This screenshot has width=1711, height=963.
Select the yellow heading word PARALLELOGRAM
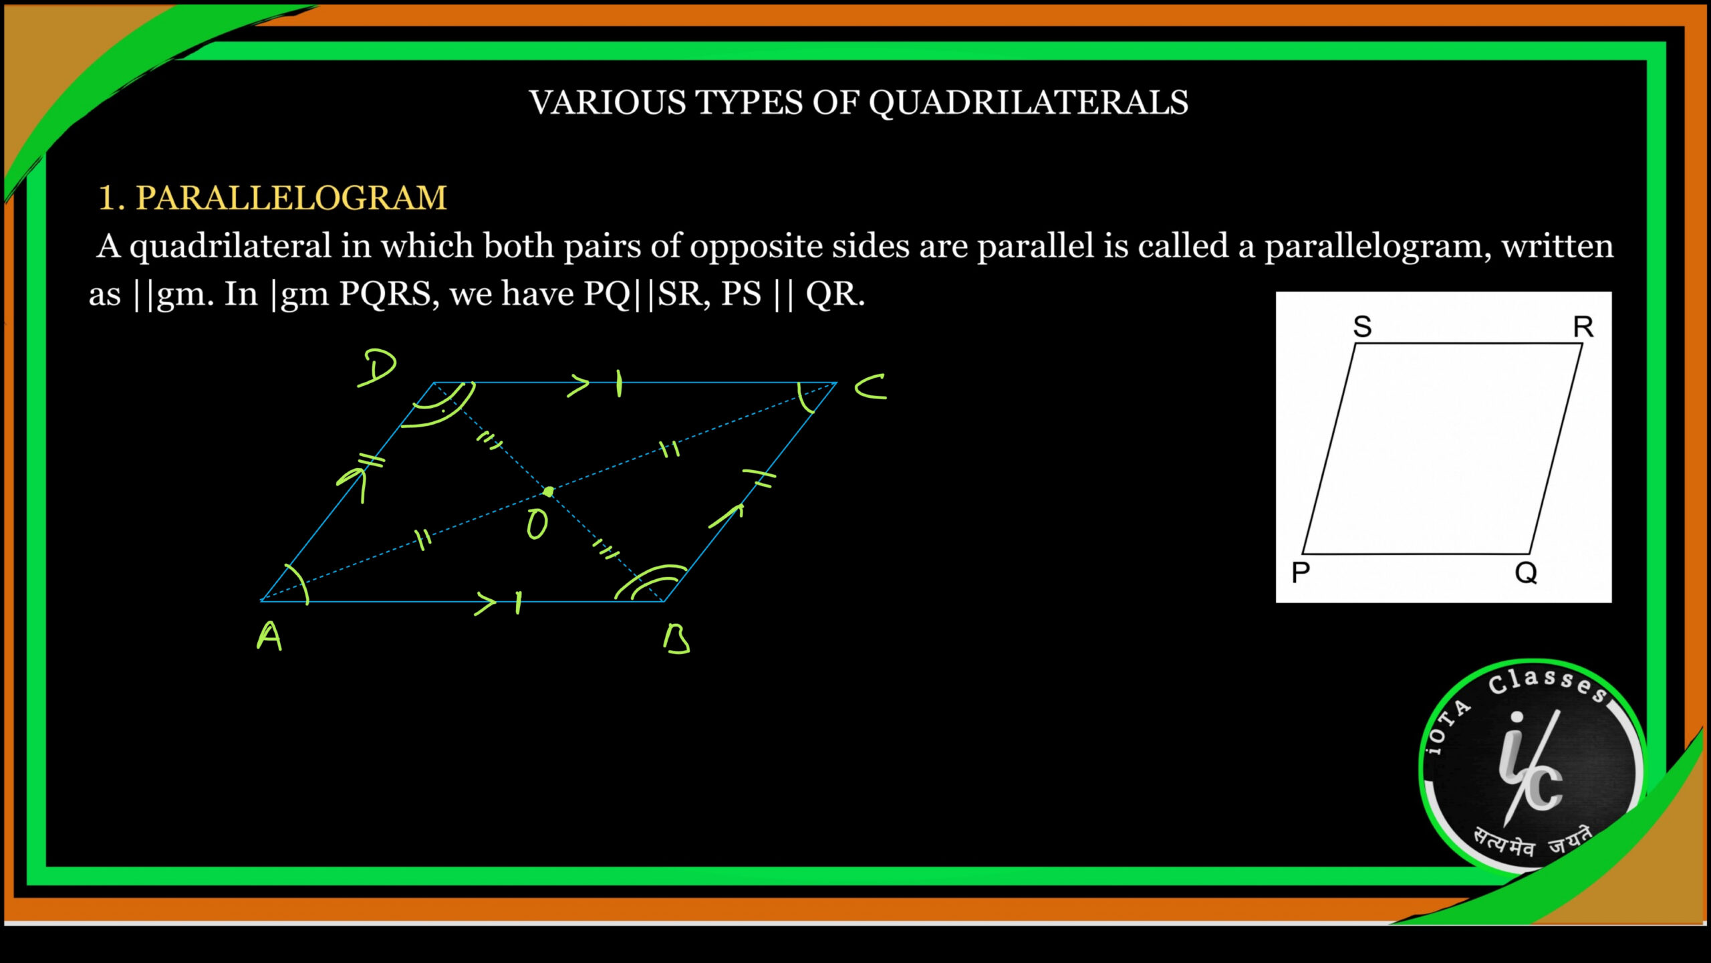click(291, 198)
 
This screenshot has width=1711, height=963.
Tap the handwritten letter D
click(378, 368)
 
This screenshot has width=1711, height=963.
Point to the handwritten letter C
click(871, 387)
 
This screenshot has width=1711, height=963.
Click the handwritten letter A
click(269, 636)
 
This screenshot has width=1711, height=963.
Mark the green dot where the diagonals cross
click(548, 492)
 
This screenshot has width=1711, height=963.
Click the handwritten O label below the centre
click(537, 524)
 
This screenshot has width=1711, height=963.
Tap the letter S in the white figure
click(1362, 327)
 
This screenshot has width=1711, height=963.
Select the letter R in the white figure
click(1583, 327)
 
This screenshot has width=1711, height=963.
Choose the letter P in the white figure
click(1301, 573)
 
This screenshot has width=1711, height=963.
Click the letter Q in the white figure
click(1526, 573)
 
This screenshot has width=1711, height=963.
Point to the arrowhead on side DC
click(579, 385)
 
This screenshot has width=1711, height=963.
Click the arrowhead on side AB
click(486, 603)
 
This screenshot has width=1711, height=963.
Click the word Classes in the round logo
click(1548, 685)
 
